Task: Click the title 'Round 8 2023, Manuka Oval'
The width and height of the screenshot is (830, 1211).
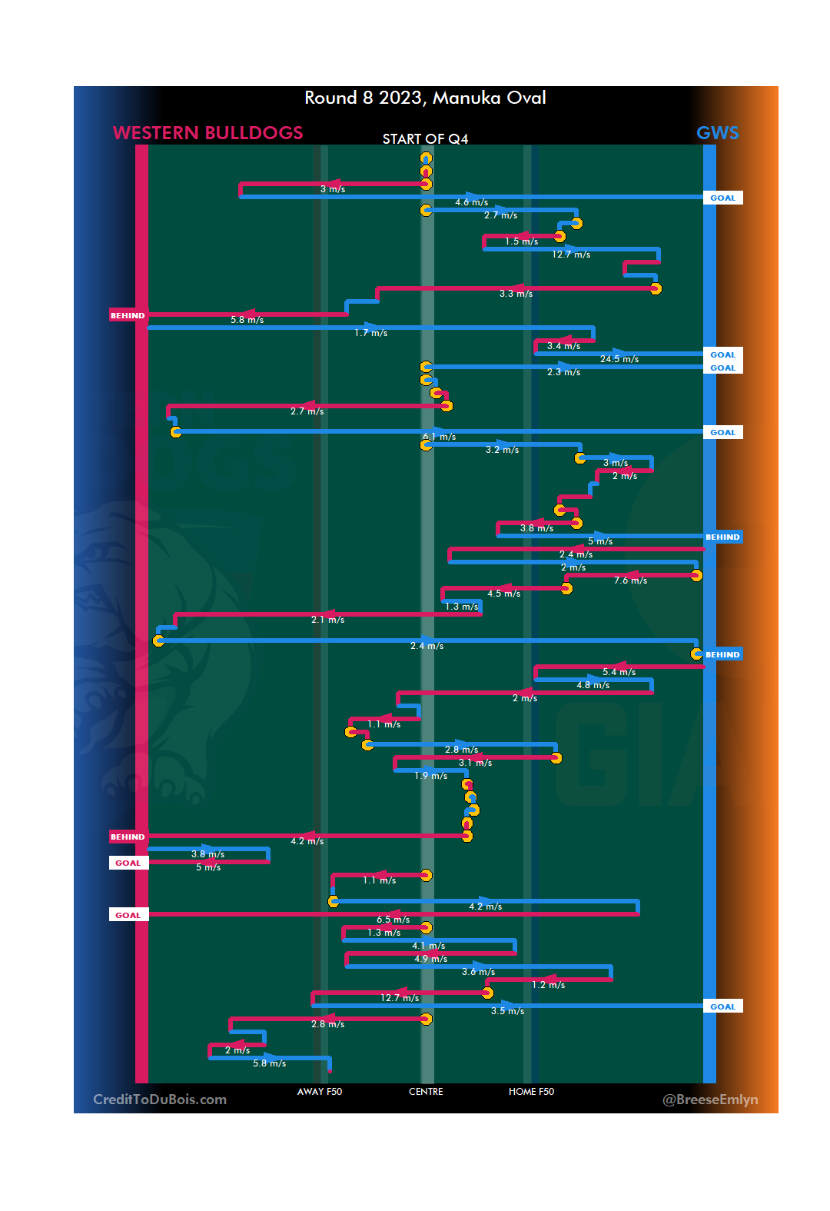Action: (425, 98)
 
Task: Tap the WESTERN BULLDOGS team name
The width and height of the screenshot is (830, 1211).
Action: (207, 133)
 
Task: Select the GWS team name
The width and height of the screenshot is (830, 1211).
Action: (717, 133)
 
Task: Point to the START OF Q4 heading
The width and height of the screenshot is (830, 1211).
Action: (425, 139)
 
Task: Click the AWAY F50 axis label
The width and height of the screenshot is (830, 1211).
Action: (320, 1092)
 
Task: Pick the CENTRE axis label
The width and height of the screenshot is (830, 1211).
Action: (426, 1092)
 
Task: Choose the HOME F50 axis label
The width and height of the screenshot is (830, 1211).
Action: (531, 1092)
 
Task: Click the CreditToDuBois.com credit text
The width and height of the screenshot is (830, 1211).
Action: (160, 1100)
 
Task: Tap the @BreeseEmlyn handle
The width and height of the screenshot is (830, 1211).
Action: (710, 1100)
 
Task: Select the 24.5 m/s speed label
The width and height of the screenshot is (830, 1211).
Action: (619, 359)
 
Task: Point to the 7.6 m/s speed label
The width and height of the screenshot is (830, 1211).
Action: (630, 581)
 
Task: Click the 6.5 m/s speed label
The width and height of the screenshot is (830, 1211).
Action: (393, 920)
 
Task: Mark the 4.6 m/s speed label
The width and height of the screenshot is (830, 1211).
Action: (471, 202)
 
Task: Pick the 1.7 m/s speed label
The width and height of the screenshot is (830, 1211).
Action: (370, 333)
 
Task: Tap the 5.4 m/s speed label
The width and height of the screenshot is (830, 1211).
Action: (619, 672)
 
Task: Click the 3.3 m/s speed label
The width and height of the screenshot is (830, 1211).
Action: (516, 294)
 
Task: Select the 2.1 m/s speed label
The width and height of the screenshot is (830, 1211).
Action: (327, 620)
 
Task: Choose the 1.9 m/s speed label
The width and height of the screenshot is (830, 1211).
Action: (430, 776)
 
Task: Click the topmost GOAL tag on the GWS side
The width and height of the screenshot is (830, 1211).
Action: (722, 198)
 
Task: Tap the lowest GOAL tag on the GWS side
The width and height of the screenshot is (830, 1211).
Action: (722, 1006)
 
